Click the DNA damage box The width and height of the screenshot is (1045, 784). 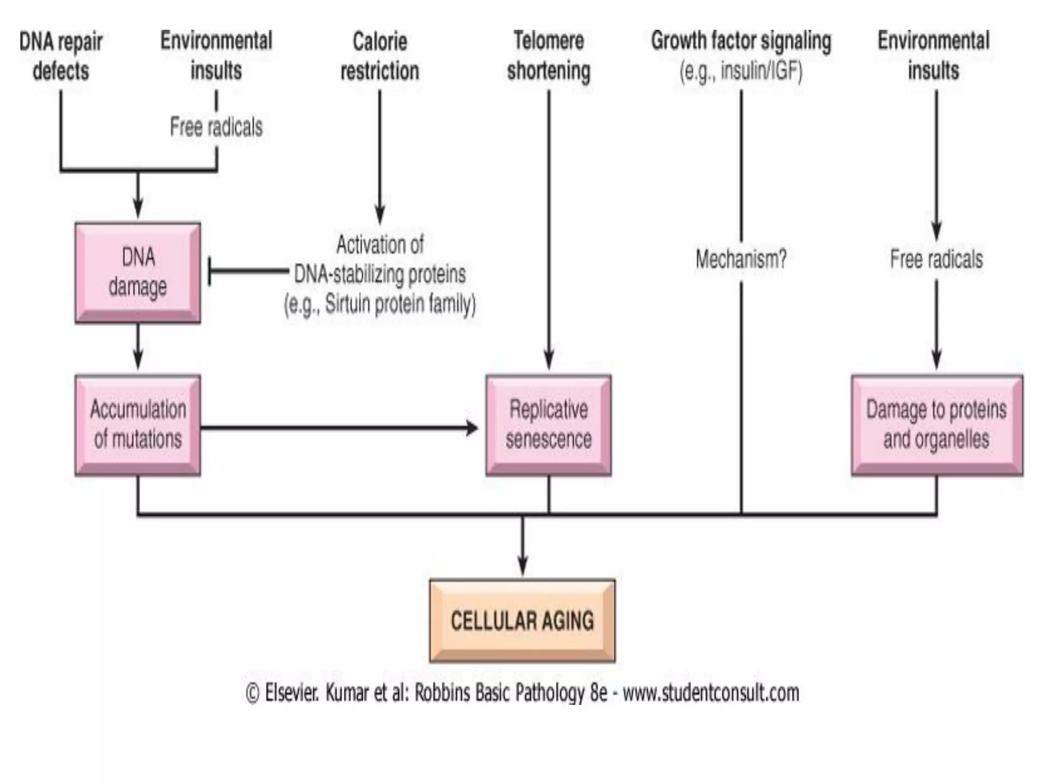pyautogui.click(x=138, y=272)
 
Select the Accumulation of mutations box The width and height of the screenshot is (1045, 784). pyautogui.click(x=138, y=425)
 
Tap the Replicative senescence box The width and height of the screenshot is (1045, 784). pyautogui.click(x=549, y=425)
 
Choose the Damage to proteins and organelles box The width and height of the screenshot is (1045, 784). pyautogui.click(x=936, y=425)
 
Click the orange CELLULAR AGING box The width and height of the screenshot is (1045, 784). pyautogui.click(x=522, y=621)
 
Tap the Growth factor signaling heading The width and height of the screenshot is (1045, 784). pyautogui.click(x=741, y=41)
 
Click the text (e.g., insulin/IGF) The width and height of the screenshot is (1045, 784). pyautogui.click(x=741, y=71)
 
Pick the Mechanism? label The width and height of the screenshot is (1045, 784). pyautogui.click(x=741, y=259)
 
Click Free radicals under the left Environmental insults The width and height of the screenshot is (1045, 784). pyautogui.click(x=216, y=127)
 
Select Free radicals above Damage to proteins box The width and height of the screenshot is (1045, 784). pyautogui.click(x=936, y=259)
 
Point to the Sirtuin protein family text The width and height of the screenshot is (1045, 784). pyautogui.click(x=380, y=304)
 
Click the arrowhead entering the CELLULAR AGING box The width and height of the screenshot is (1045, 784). pyautogui.click(x=522, y=567)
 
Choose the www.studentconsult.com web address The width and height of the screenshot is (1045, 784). pyautogui.click(x=711, y=693)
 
